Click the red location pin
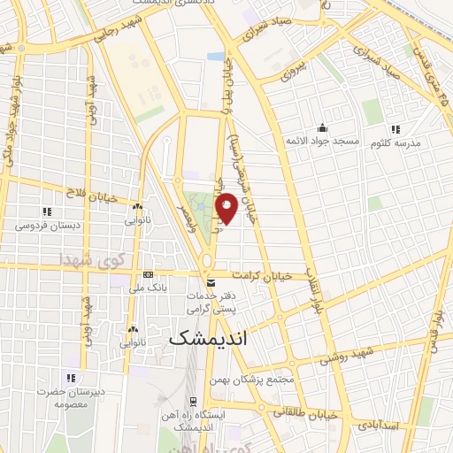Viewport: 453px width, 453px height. (x=227, y=206)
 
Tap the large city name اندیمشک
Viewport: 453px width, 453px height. (x=208, y=338)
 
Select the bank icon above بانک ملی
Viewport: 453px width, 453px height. (x=147, y=274)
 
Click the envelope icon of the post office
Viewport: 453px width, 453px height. (x=210, y=282)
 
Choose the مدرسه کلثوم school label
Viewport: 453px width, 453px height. (x=398, y=142)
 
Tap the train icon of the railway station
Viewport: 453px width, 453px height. (x=191, y=401)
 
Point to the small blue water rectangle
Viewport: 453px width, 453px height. (x=216, y=56)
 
